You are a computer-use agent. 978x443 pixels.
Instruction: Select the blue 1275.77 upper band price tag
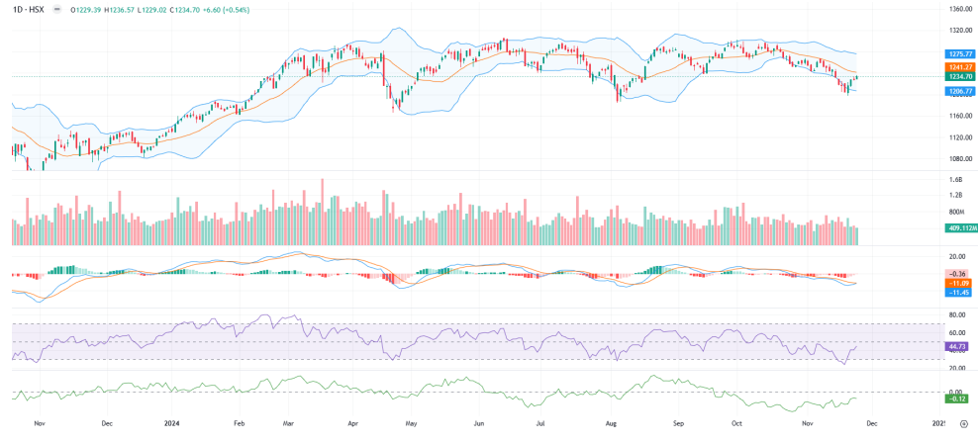tap(961, 54)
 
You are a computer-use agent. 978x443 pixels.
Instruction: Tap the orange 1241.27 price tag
tap(961, 66)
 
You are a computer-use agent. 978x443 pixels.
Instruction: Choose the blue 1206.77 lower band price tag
tap(961, 90)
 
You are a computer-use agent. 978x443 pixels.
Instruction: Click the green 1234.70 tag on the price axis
tap(961, 76)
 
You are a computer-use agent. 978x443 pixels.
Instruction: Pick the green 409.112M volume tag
tap(961, 227)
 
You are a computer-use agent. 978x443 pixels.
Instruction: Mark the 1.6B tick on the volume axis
tap(956, 180)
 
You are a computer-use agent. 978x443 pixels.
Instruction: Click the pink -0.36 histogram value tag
tap(957, 273)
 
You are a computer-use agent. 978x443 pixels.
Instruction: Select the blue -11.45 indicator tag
tap(957, 293)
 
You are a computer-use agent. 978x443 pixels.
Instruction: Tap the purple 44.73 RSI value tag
tap(957, 347)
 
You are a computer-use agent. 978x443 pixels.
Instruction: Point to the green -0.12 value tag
tap(957, 399)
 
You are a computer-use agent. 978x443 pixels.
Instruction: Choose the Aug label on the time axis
tap(611, 422)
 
